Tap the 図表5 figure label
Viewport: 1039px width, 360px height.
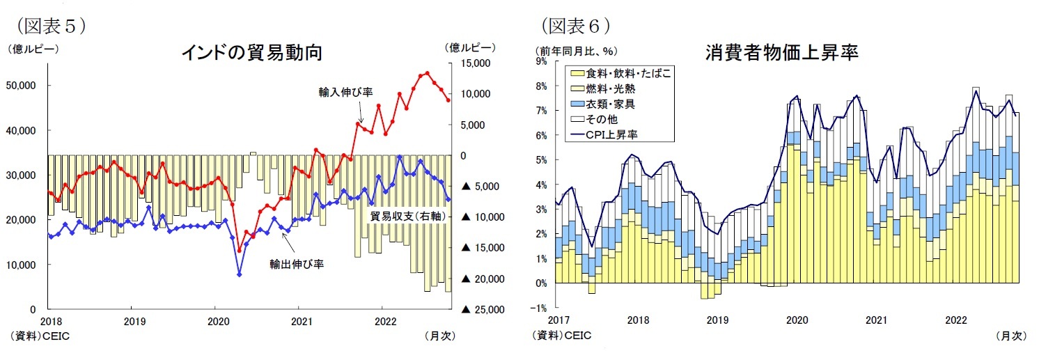coord(47,26)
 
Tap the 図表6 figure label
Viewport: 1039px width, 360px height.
coord(575,26)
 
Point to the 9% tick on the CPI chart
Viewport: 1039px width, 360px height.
coord(541,61)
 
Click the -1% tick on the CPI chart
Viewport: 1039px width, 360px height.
coord(540,308)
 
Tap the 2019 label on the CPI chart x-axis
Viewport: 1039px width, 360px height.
coord(717,320)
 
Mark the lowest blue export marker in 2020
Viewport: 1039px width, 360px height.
coord(240,274)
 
